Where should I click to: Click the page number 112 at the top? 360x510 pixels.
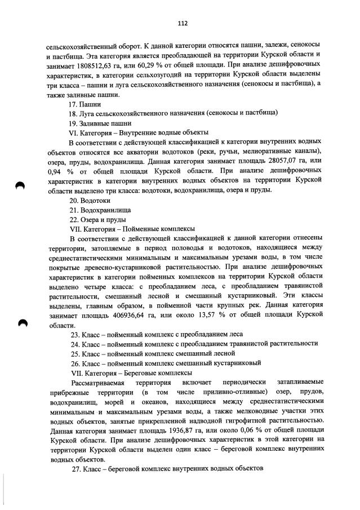pos(182,23)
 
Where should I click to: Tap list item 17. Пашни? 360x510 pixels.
pos(85,104)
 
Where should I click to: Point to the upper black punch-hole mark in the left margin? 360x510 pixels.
pos(21,187)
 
